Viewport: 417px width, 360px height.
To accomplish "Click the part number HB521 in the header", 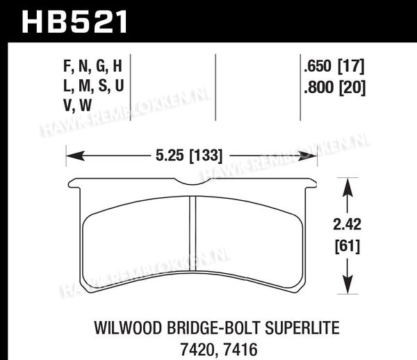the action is point(74,22).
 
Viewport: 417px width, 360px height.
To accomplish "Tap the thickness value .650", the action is point(318,66).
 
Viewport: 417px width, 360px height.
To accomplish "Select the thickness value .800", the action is point(318,87).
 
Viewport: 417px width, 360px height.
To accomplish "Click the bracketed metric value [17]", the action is point(351,67).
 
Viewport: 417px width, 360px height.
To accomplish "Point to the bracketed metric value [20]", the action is point(352,88).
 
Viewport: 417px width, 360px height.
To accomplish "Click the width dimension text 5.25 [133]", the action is point(188,156).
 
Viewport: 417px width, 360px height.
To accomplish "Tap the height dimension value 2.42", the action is point(347,224).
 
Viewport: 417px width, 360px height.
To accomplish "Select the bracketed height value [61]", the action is point(347,247).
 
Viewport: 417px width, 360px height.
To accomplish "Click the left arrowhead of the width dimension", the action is point(75,156).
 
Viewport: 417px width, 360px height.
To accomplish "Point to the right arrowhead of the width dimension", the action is point(308,156).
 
